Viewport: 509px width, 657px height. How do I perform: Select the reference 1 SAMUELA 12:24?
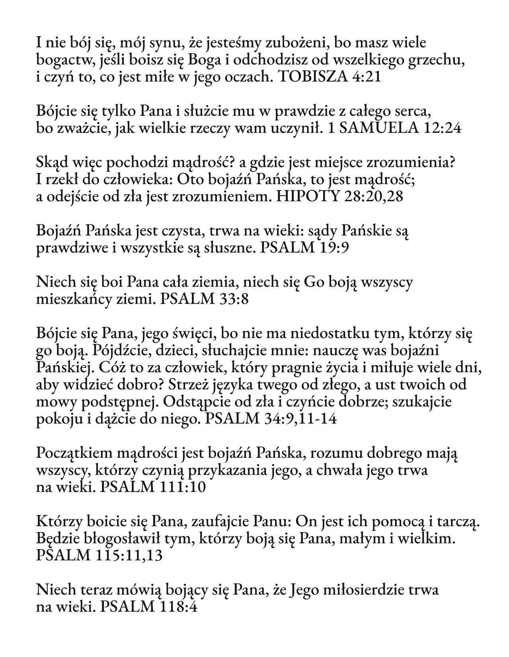click(x=394, y=128)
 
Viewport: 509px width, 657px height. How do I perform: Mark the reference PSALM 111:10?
click(x=153, y=487)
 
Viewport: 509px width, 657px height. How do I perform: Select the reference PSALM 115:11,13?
click(x=99, y=556)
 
